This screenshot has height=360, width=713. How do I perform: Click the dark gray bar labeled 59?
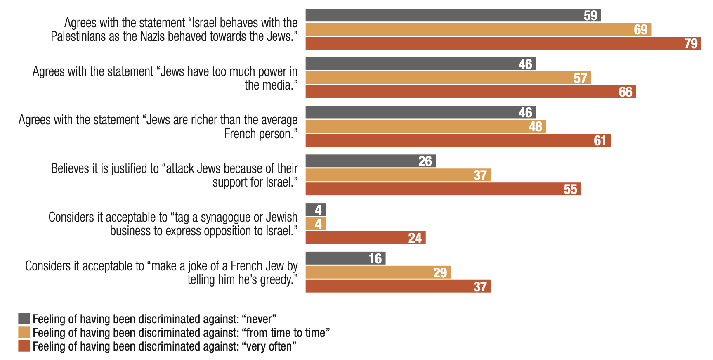click(453, 15)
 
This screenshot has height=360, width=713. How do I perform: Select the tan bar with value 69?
click(478, 29)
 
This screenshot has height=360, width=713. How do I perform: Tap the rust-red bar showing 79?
click(503, 43)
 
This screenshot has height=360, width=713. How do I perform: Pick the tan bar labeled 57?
click(448, 78)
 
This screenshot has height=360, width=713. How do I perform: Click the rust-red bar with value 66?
click(470, 92)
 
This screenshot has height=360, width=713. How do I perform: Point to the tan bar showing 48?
click(425, 126)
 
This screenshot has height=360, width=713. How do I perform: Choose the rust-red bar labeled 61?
click(458, 140)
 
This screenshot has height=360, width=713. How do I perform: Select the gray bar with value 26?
click(370, 161)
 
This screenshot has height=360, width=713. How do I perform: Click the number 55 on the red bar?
click(570, 189)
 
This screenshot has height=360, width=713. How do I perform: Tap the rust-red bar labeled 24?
click(365, 238)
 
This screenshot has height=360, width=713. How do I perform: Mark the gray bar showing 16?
click(345, 258)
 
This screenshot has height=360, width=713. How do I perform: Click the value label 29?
click(440, 272)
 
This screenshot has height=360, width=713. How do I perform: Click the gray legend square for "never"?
click(24, 319)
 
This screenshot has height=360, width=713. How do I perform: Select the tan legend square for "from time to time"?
click(24, 332)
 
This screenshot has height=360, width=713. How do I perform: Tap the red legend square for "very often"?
click(24, 346)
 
